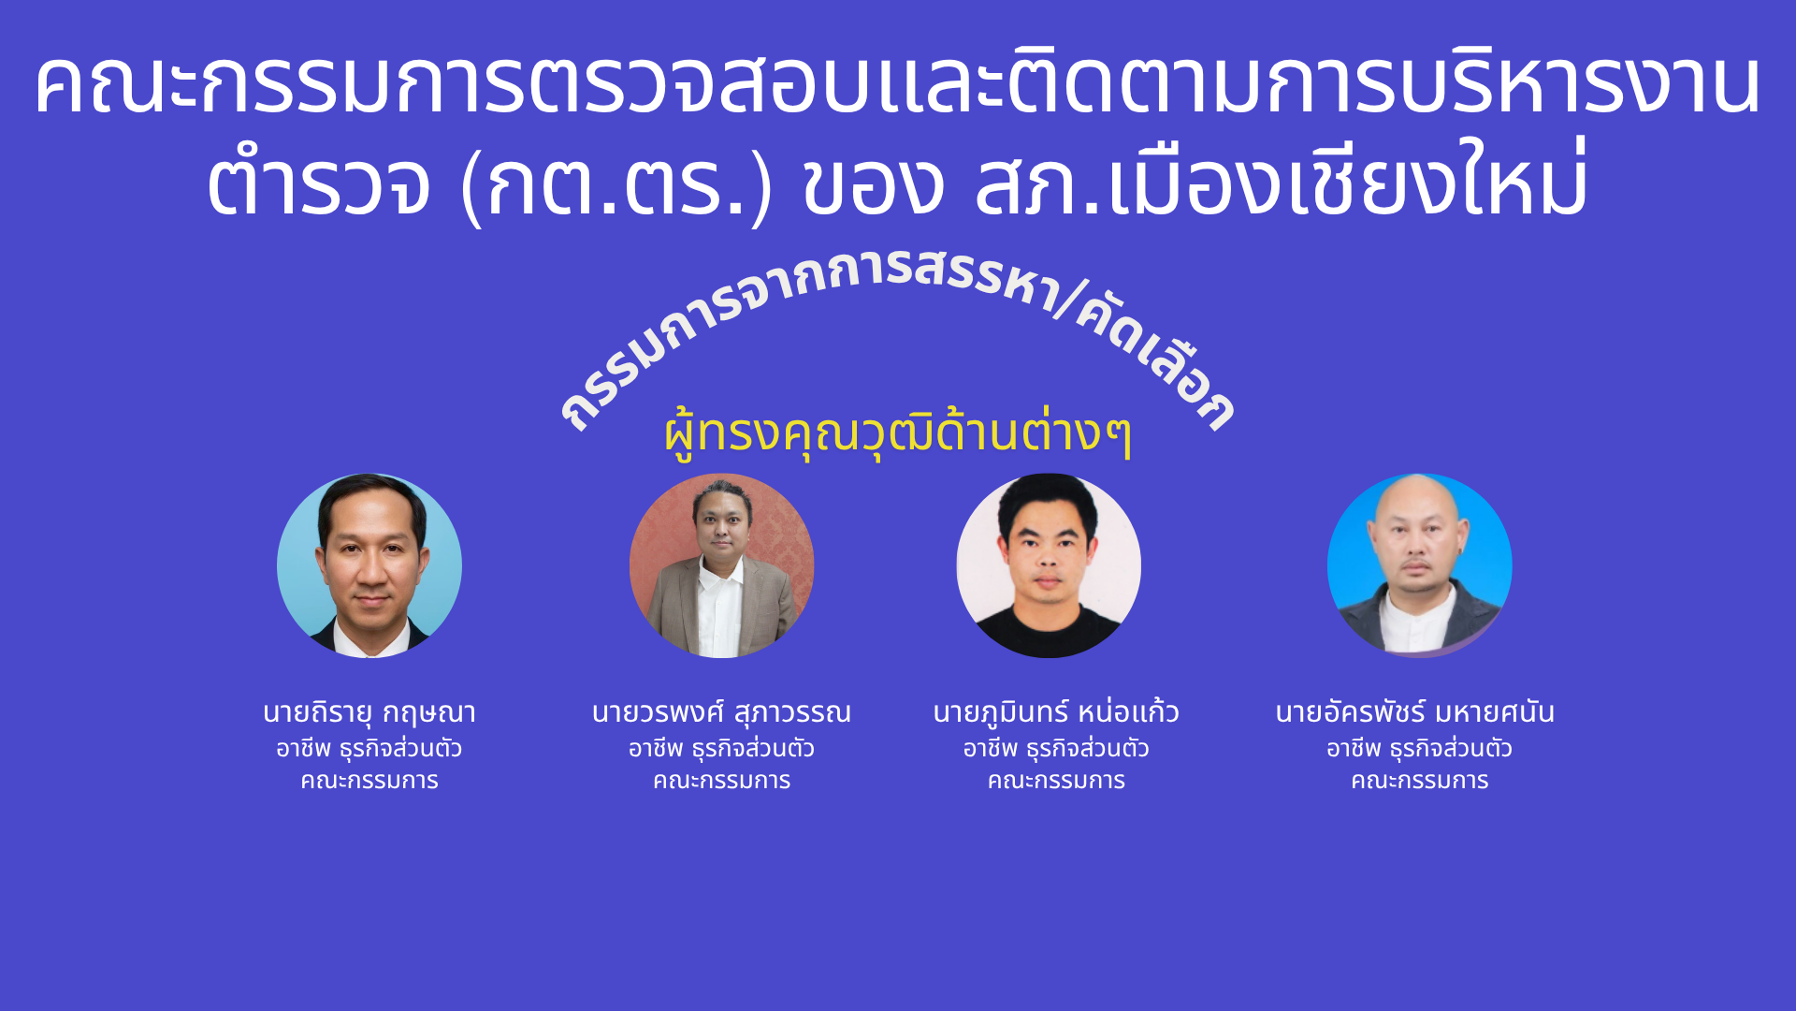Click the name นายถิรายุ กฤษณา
click(369, 713)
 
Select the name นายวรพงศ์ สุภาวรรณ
click(721, 712)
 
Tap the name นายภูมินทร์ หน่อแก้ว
click(1056, 712)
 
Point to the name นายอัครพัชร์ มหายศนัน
click(1414, 712)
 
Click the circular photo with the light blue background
click(369, 565)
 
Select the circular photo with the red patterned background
click(721, 565)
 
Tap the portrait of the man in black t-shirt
click(1049, 565)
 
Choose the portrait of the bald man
click(1419, 565)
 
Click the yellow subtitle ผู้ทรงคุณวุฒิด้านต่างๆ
click(898, 433)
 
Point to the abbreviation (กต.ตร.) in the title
click(617, 183)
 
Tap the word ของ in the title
click(874, 184)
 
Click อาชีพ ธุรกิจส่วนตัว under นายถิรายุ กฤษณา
click(369, 749)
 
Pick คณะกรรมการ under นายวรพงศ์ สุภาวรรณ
click(721, 781)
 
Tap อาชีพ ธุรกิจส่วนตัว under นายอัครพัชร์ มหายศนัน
click(1419, 749)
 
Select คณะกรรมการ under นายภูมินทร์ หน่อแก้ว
click(1056, 781)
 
